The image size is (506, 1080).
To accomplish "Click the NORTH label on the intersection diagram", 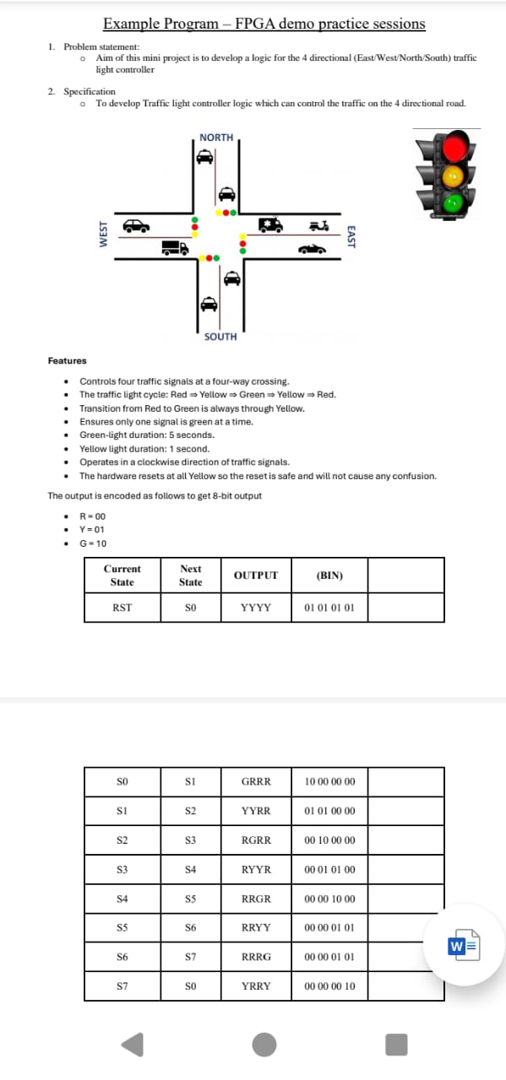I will pos(216,138).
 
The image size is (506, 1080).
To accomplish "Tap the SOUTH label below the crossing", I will pos(220,337).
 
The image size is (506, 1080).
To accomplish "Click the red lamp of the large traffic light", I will pos(456,148).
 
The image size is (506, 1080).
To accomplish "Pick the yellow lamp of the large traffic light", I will pos(456,176).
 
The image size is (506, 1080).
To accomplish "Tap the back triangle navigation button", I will pos(133,1045).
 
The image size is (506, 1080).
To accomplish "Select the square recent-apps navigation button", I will pos(396,1045).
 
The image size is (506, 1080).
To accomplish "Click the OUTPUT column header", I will pos(256,575).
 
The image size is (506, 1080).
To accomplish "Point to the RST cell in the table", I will pos(122,607).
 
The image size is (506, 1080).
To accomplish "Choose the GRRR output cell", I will pos(256,781).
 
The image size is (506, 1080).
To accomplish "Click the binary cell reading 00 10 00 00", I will pos(329,840).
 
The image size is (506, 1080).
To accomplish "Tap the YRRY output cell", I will pos(256,985).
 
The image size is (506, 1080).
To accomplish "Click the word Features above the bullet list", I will pos(67,361).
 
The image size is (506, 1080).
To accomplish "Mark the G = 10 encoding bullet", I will pos(93,543).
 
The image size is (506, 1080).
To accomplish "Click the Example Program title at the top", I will pos(264,24).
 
